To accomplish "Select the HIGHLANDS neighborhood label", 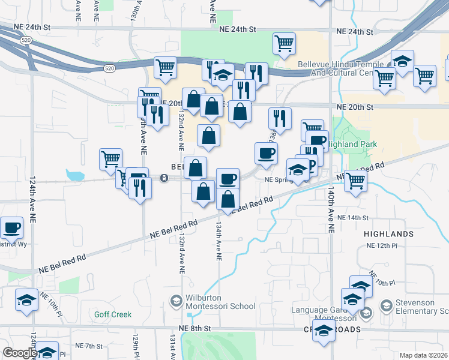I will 388,233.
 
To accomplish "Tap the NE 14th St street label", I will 353,218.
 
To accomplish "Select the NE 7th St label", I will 90,346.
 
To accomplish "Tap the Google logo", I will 20,353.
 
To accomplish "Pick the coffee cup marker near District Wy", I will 11,229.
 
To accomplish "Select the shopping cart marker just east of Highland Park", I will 356,180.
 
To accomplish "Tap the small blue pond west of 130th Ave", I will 75,176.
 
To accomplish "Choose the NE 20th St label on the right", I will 355,107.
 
